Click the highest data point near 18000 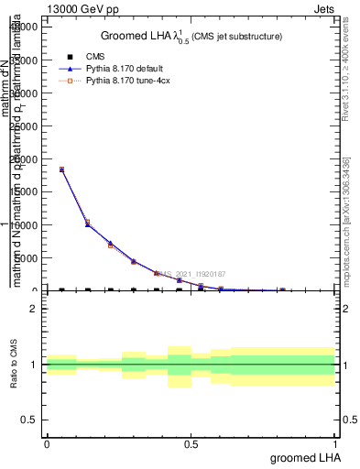(61, 169)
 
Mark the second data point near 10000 (87, 224)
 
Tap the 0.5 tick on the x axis (191, 443)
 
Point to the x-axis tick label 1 (336, 443)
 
